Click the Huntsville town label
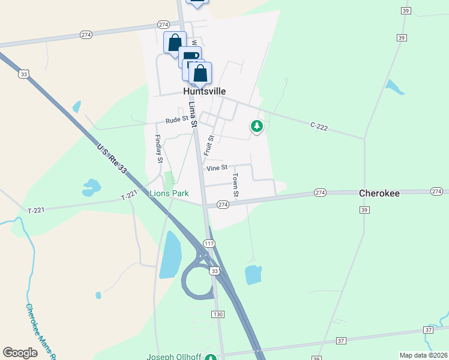point(205,91)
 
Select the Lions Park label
point(169,193)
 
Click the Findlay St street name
point(158,149)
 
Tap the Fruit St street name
point(209,146)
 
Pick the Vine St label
point(217,169)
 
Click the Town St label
point(236,185)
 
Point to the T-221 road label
point(130,196)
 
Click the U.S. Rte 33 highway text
point(112,158)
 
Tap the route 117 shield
point(209,244)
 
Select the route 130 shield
point(218,314)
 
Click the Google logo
point(20,353)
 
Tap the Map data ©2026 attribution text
point(423,355)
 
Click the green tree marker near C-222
point(257,126)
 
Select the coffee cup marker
point(190,57)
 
